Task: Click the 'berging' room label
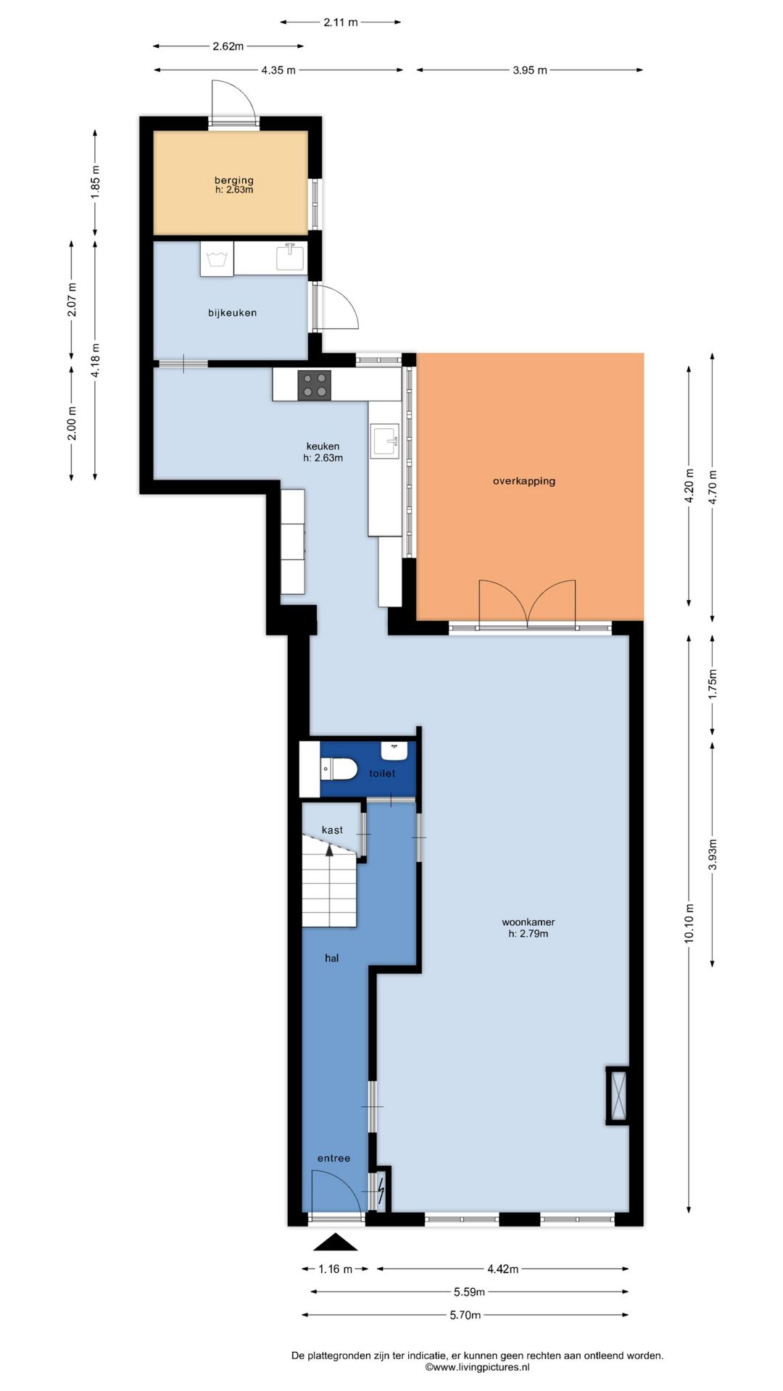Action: coord(233,180)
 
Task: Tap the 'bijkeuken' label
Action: coord(232,313)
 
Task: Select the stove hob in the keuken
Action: coord(315,385)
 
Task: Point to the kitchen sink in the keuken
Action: coord(385,441)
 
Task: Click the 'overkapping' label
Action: coord(524,481)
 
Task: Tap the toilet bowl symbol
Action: coord(339,769)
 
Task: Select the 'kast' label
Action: coord(332,830)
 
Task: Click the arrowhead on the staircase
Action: coord(330,850)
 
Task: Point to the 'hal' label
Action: coord(331,958)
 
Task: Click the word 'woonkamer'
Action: coord(528,922)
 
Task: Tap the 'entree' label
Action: coord(333,1158)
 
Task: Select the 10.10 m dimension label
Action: coord(689,923)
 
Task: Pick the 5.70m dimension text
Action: coord(465,1315)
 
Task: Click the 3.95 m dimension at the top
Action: coord(530,70)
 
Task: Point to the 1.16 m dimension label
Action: coord(336,1269)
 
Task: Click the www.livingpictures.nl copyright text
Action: coord(477,1367)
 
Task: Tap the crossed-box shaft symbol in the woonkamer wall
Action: coord(618,1095)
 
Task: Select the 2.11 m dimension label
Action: coord(341,22)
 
